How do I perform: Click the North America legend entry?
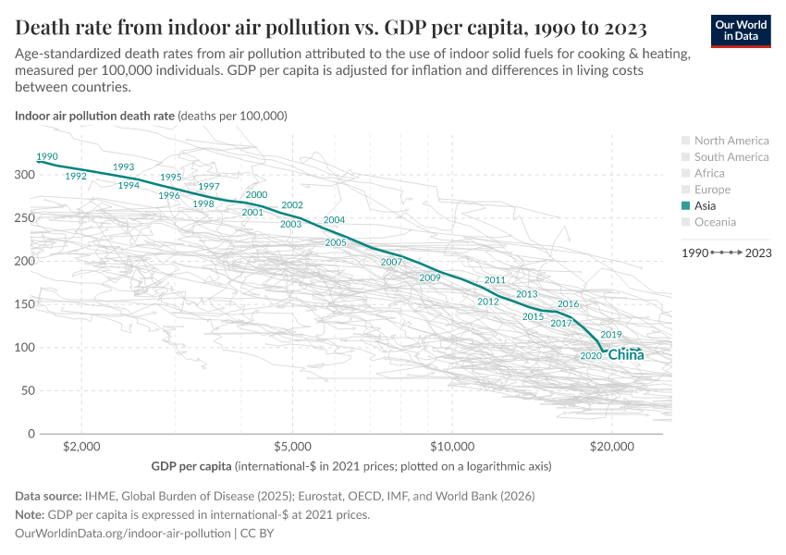tap(731, 141)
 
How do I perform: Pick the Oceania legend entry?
tap(715, 222)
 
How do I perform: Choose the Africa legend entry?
tap(709, 173)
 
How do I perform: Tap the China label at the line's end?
tap(626, 355)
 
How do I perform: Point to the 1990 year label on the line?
tap(46, 156)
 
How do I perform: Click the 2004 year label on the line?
tap(334, 220)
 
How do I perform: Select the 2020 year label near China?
tap(591, 356)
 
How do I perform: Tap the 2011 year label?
tap(495, 280)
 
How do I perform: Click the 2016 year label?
tap(569, 304)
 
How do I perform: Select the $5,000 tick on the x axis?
tap(292, 446)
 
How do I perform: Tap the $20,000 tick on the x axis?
tap(611, 446)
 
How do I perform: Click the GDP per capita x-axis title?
tap(192, 466)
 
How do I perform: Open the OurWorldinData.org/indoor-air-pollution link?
tap(123, 534)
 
